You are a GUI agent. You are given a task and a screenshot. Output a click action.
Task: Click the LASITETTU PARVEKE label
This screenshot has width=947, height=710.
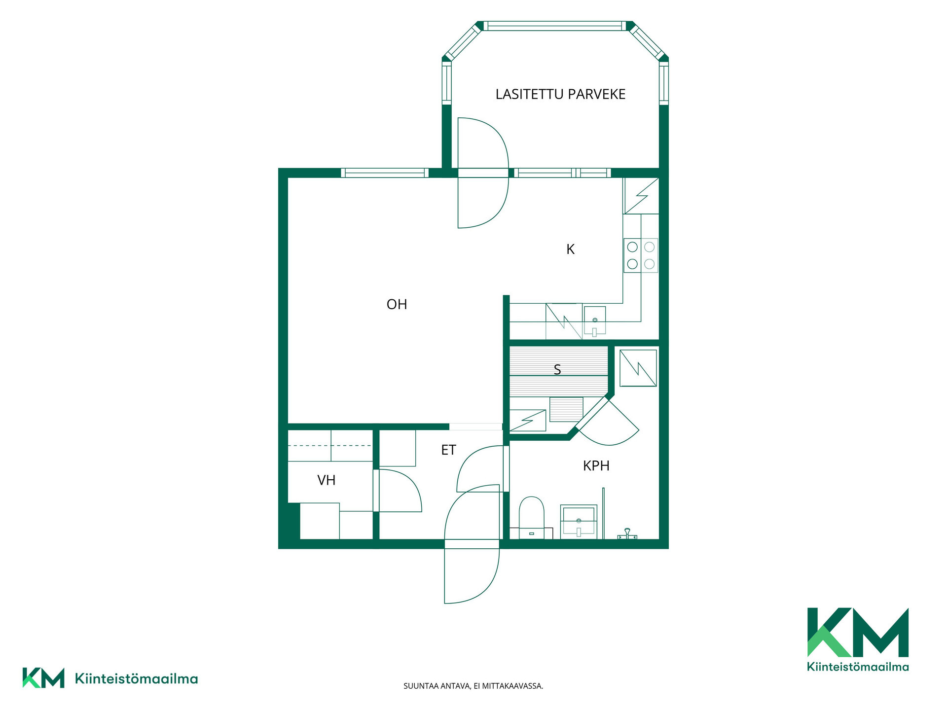[560, 94]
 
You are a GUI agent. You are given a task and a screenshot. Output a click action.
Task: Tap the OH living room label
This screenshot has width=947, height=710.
[397, 304]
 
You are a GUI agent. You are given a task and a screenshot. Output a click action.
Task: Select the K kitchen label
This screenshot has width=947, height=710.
[570, 249]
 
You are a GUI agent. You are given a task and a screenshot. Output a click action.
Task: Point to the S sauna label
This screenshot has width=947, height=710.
[557, 369]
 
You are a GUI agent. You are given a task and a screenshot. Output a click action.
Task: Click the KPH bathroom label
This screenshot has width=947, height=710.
[596, 466]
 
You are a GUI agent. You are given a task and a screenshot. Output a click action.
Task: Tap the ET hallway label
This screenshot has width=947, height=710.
[448, 450]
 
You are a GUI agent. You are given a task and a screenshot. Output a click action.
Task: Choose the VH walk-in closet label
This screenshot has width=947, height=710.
[326, 480]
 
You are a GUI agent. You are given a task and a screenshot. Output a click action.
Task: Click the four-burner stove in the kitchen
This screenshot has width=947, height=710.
[641, 255]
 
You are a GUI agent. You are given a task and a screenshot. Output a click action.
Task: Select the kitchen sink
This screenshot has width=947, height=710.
[595, 321]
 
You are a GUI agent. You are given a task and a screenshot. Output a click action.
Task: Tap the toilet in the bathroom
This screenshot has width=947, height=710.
[531, 517]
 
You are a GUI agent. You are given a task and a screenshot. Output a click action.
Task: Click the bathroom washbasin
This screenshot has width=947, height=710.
[579, 522]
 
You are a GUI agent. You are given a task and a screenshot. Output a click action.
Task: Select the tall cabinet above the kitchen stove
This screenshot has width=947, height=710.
[641, 196]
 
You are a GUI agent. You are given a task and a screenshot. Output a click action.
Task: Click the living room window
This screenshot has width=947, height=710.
[385, 173]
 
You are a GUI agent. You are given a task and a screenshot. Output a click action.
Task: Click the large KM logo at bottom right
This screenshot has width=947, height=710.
[858, 639]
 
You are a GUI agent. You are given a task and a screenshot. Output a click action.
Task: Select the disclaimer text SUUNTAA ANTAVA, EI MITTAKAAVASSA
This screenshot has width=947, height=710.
[473, 686]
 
